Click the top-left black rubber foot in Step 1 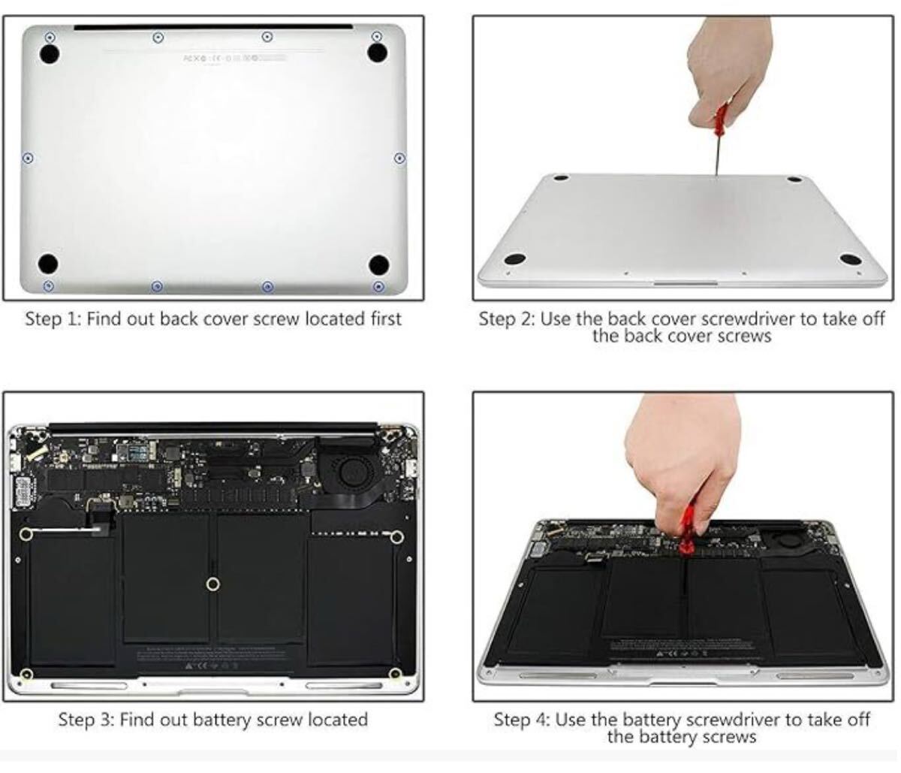(49, 54)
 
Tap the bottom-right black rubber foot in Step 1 (379, 264)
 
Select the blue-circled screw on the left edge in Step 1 (28, 158)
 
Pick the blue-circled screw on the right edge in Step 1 (399, 158)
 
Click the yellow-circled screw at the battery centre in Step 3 (213, 584)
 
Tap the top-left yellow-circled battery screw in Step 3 (26, 534)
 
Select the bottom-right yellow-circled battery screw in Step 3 (395, 674)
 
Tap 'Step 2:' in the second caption (506, 319)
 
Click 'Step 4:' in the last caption (521, 720)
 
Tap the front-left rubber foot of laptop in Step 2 (514, 259)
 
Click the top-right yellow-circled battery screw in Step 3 (397, 536)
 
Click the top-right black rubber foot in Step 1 (377, 52)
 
